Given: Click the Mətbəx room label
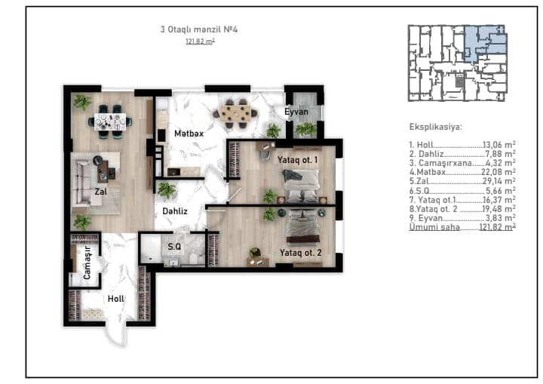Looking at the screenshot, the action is click(x=189, y=134).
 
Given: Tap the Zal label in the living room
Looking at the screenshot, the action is click(x=101, y=192).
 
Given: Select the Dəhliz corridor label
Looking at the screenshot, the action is click(x=175, y=211).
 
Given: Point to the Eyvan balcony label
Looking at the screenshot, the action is click(x=296, y=112).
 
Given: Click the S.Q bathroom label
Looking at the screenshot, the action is click(x=174, y=247).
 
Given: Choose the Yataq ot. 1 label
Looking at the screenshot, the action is click(x=297, y=160).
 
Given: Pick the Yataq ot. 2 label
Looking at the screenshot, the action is click(x=300, y=253).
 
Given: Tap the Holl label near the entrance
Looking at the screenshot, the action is click(x=115, y=299).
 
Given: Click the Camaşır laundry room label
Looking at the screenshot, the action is click(x=87, y=263).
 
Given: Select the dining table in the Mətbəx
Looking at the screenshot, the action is click(x=235, y=113).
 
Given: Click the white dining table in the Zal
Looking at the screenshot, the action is click(x=110, y=122).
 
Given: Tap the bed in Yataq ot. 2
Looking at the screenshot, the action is click(x=302, y=226).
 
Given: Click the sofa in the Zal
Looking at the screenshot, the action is click(x=81, y=183).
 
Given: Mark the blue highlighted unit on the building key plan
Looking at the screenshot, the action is click(x=485, y=42).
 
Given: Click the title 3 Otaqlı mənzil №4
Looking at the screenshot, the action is click(x=199, y=29).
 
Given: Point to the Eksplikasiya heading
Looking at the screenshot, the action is click(x=436, y=127).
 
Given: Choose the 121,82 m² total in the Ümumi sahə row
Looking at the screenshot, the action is click(x=497, y=227).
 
